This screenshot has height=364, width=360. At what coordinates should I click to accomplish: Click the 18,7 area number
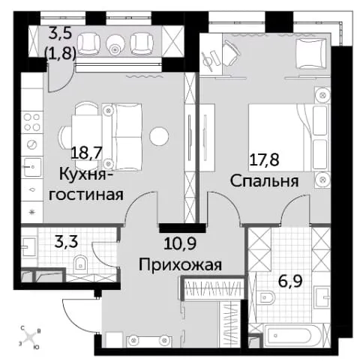86,153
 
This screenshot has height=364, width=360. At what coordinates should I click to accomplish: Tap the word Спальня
264,181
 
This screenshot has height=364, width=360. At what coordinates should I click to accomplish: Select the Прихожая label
180,264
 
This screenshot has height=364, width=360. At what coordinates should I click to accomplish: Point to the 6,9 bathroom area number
290,281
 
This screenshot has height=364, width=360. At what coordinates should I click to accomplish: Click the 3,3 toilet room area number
66,242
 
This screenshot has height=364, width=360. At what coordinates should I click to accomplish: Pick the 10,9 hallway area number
180,243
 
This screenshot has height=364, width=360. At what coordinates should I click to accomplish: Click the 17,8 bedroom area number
264,160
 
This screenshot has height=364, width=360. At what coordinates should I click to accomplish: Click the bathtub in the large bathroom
289,335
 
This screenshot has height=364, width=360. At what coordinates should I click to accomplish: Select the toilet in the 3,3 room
80,263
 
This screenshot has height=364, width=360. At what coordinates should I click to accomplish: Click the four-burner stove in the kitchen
31,122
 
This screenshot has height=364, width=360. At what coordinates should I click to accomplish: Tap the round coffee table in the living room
159,136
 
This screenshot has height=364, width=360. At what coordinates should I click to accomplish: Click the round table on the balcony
115,45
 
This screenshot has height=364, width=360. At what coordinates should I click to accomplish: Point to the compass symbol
30,338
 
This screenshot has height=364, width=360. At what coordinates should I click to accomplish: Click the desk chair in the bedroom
230,53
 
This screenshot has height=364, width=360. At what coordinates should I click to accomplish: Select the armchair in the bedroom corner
310,53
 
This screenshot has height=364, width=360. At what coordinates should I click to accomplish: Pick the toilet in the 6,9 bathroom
267,297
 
